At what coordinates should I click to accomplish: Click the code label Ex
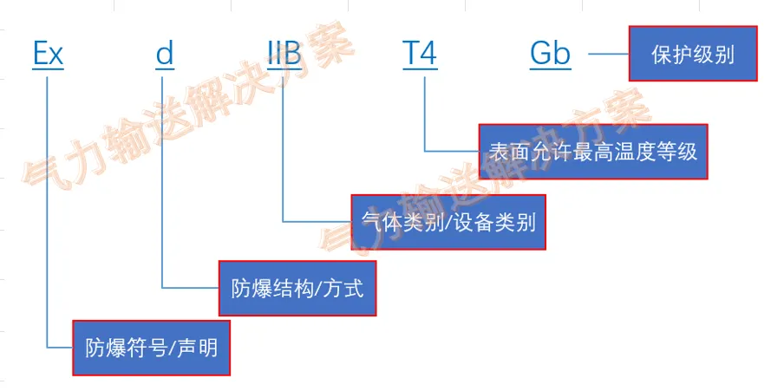pyautogui.click(x=48, y=55)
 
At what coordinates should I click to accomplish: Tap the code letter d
pyautogui.click(x=165, y=55)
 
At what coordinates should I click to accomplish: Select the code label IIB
pyautogui.click(x=284, y=55)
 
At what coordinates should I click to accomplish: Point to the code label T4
pyautogui.click(x=420, y=55)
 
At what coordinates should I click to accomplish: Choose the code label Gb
pyautogui.click(x=551, y=55)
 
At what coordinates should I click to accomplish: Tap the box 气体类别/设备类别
pyautogui.click(x=448, y=222)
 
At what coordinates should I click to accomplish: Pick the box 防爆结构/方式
pyautogui.click(x=297, y=287)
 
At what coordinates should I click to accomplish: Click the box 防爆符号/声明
pyautogui.click(x=151, y=349)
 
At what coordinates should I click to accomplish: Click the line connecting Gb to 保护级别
pyautogui.click(x=608, y=55)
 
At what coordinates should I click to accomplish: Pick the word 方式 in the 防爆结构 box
pyautogui.click(x=344, y=288)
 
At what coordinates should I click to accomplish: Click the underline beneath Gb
pyautogui.click(x=551, y=68)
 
